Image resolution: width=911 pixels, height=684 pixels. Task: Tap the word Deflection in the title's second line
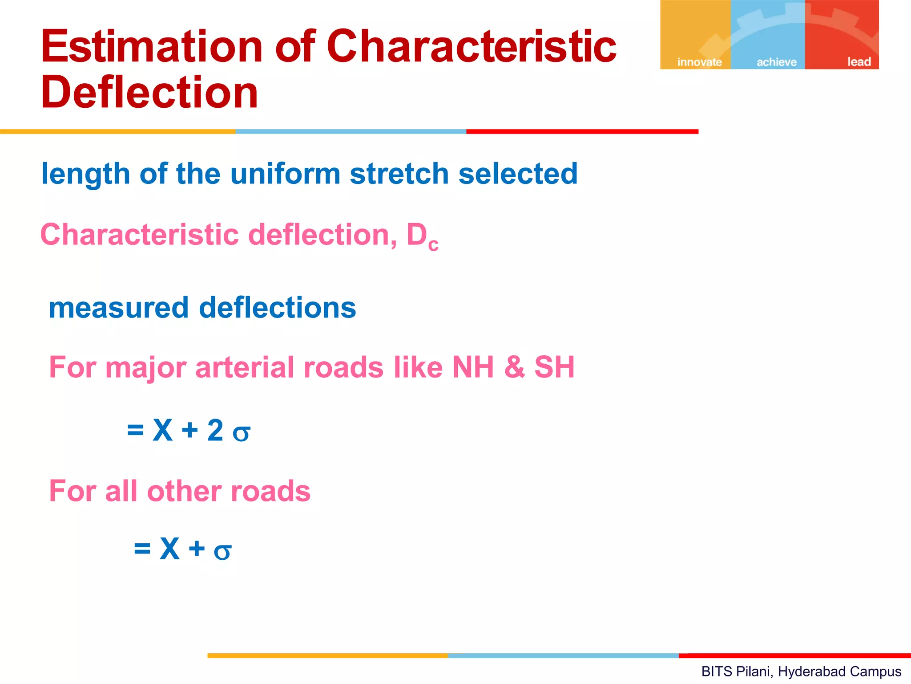pyautogui.click(x=149, y=93)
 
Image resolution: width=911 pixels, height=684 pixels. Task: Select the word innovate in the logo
pyautogui.click(x=699, y=62)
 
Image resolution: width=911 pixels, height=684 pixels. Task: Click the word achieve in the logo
pyautogui.click(x=777, y=62)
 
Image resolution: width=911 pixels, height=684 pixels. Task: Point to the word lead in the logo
pyautogui.click(x=859, y=62)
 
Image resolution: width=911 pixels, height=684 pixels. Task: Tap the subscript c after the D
pyautogui.click(x=434, y=244)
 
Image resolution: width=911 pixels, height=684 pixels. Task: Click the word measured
pyautogui.click(x=119, y=308)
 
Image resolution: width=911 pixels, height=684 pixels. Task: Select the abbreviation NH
pyautogui.click(x=473, y=368)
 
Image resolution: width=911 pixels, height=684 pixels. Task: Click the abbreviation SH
pyautogui.click(x=554, y=368)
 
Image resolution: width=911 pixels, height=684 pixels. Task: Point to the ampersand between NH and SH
pyautogui.click(x=515, y=368)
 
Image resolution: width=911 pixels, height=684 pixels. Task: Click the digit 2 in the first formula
pyautogui.click(x=215, y=431)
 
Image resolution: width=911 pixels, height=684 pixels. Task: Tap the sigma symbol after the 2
pyautogui.click(x=241, y=433)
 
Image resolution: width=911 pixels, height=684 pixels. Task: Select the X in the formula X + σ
pyautogui.click(x=169, y=549)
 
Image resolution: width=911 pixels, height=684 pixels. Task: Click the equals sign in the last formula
pyautogui.click(x=142, y=549)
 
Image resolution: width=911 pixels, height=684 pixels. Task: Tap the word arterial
pyautogui.click(x=245, y=368)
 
